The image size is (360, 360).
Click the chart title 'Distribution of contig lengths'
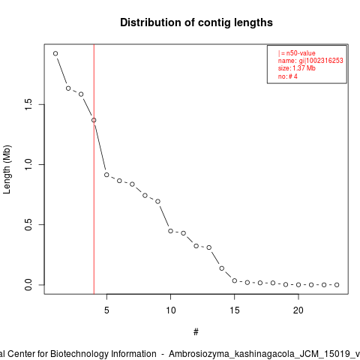pyautogui.click(x=196, y=22)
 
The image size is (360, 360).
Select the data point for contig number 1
pyautogui.click(x=55, y=53)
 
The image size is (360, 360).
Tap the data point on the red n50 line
pyautogui.click(x=94, y=120)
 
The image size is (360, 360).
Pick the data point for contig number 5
pyautogui.click(x=106, y=175)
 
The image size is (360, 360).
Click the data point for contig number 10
pyautogui.click(x=170, y=231)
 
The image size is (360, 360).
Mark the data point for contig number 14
pyautogui.click(x=222, y=268)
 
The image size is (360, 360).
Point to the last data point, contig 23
pyautogui.click(x=337, y=285)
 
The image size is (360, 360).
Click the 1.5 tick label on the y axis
pyautogui.click(x=28, y=104)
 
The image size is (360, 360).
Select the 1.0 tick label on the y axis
pyautogui.click(x=28, y=164)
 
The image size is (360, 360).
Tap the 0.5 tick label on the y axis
pyautogui.click(x=28, y=224)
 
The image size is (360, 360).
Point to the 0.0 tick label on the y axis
pyautogui.click(x=28, y=285)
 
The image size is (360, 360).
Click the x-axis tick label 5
pyautogui.click(x=106, y=310)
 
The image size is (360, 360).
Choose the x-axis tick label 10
pyautogui.click(x=171, y=310)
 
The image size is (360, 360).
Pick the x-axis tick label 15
pyautogui.click(x=235, y=310)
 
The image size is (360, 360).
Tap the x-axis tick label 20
pyautogui.click(x=298, y=310)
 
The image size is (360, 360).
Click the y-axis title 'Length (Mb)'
pyautogui.click(x=7, y=169)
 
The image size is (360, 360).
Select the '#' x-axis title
pyautogui.click(x=196, y=332)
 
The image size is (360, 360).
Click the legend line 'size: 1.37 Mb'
pyautogui.click(x=297, y=68)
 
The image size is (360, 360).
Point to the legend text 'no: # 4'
pyautogui.click(x=288, y=76)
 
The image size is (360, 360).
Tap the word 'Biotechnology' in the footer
pyautogui.click(x=103, y=354)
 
